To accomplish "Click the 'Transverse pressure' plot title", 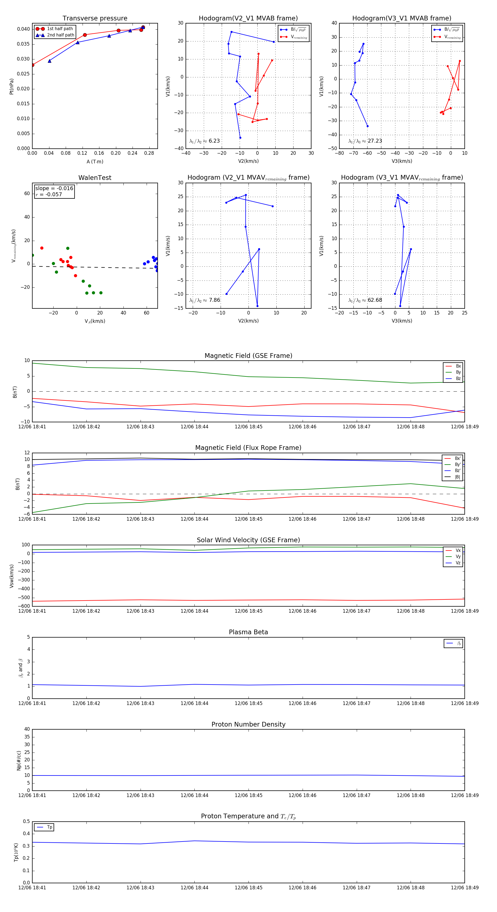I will (95, 19).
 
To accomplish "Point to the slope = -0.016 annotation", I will (54, 188).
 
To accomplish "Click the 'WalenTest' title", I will (95, 178).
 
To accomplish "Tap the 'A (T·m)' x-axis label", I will (95, 161).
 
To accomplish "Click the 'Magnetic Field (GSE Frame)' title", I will (248, 356).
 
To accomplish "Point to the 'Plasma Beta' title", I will (248, 632).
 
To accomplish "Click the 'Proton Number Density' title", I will (248, 724).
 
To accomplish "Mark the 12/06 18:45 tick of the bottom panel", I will (248, 888).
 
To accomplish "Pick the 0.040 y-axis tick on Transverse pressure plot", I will (23, 29).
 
